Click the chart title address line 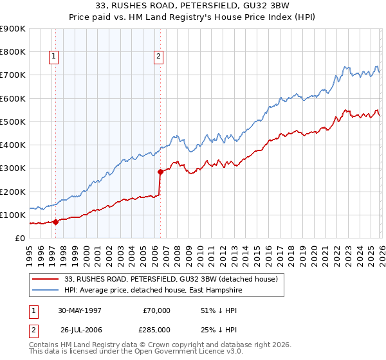pyautogui.click(x=192, y=6)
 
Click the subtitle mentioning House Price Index pyautogui.click(x=192, y=17)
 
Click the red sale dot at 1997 pyautogui.click(x=56, y=222)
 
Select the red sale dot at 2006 pyautogui.click(x=160, y=172)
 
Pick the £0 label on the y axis pyautogui.click(x=19, y=238)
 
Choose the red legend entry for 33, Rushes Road pyautogui.click(x=170, y=279)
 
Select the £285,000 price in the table pyautogui.click(x=157, y=330)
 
